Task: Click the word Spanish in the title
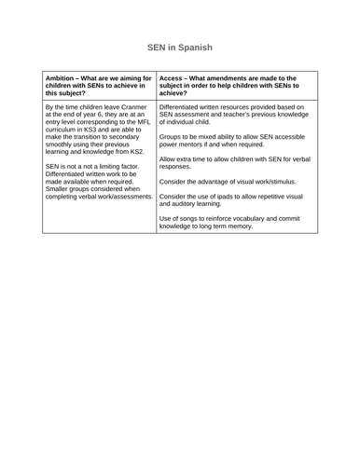(x=195, y=47)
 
